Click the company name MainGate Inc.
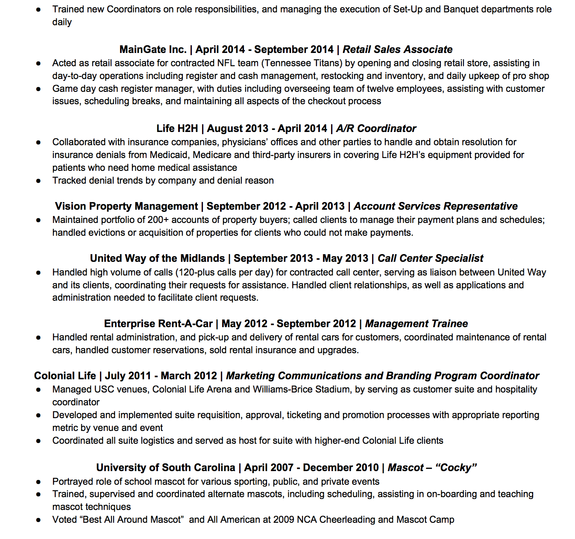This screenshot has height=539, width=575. coord(153,50)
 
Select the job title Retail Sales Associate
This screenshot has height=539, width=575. coord(397,50)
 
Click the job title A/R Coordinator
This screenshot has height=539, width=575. coord(376,129)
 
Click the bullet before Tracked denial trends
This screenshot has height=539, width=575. coord(38,181)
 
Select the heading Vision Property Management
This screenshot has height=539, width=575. coord(126,206)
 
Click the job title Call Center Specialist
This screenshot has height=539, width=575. coord(430,258)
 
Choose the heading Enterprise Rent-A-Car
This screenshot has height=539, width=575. coord(158,324)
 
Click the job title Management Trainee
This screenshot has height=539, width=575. coord(416,324)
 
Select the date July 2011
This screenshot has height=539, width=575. coord(128,376)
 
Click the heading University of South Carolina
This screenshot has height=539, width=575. coord(165,468)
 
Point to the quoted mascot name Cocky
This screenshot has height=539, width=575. coord(456,468)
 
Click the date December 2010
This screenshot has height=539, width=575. coord(341,468)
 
